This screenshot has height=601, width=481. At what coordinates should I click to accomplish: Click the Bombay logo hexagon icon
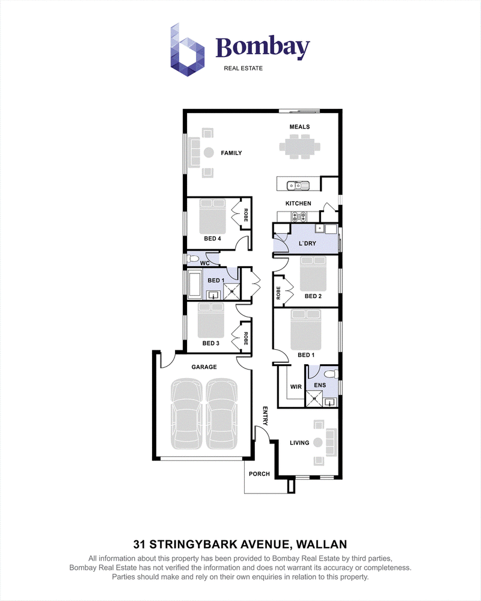187,50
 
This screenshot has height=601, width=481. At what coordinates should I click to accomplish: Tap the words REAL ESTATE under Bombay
243,69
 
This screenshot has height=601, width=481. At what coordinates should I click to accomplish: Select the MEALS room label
299,127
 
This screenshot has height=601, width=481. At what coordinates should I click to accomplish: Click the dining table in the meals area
300,146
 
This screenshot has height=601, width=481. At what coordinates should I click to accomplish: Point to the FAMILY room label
231,153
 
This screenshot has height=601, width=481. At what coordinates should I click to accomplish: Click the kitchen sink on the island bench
298,186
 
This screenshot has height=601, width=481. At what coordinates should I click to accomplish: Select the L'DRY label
307,243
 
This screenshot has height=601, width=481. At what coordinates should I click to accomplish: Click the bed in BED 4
212,216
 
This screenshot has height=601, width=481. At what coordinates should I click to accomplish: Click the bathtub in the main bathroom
195,284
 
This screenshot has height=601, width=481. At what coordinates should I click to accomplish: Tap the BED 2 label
313,296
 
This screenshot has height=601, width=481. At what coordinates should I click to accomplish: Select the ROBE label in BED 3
245,338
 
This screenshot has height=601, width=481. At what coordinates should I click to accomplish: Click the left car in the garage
186,414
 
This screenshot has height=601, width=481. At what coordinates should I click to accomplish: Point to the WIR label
296,386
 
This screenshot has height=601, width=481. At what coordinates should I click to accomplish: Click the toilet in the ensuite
332,373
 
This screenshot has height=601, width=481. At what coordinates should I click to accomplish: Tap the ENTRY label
265,416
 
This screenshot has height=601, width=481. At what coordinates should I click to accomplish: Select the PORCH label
259,474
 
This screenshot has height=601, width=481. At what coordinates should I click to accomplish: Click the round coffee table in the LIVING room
317,443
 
